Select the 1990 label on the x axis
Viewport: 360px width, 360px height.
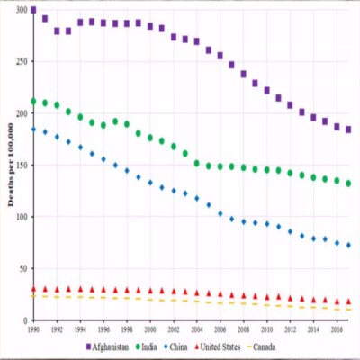(x=33, y=329)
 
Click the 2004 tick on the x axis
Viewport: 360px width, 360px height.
(x=196, y=329)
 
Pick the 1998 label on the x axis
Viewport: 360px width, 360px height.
(x=126, y=329)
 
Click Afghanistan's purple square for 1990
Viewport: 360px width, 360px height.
(x=33, y=11)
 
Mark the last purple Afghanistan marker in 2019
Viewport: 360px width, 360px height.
(x=348, y=130)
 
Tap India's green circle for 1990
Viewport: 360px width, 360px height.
(x=33, y=102)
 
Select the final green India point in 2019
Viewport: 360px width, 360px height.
(x=348, y=184)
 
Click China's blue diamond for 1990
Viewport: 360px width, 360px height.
(x=33, y=130)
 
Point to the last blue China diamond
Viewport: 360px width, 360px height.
(x=348, y=245)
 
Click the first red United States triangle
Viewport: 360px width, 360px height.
(x=33, y=290)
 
